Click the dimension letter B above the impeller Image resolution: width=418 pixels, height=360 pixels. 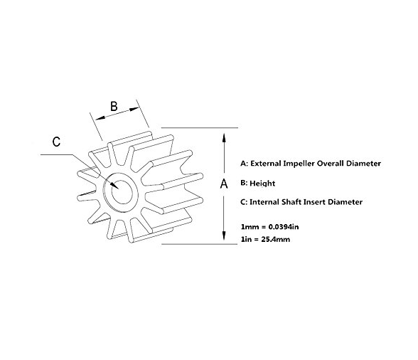point(114,106)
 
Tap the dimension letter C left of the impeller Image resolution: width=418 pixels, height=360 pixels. point(57,142)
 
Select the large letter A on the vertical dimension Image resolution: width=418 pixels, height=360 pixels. point(224,184)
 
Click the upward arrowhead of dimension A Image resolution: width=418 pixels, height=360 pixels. point(224,139)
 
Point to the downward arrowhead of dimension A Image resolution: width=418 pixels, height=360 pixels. point(224,233)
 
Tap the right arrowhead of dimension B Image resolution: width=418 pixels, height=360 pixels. point(134,110)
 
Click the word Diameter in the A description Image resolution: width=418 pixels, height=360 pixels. point(363,164)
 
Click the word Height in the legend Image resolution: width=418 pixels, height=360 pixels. point(262,184)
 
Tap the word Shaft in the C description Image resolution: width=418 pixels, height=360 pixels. point(291,202)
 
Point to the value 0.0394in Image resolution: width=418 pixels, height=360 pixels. point(284,227)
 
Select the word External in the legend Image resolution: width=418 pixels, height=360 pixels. point(266,164)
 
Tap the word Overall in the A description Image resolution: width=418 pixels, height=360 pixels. point(331,164)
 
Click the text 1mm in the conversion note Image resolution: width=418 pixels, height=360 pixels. point(246,227)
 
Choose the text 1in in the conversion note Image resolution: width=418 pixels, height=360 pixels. point(246,239)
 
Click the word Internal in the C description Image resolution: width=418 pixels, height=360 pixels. point(264,202)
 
